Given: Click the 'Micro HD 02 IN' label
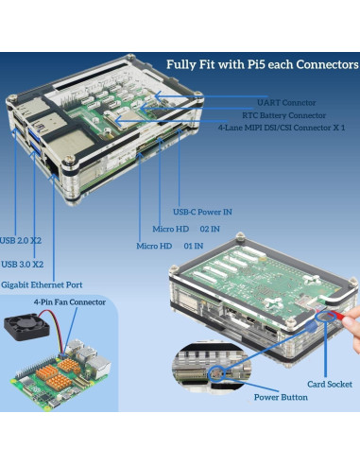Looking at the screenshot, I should point(186,228).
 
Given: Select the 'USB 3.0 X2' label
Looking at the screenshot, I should point(24,264).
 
